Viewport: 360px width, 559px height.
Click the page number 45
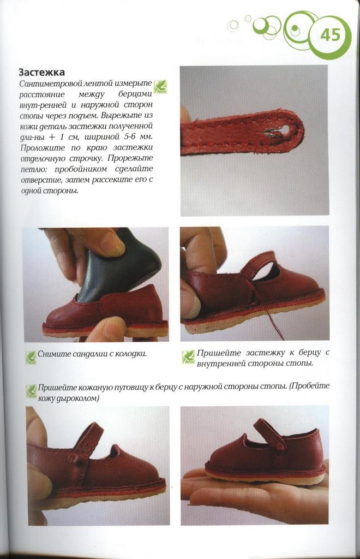330,35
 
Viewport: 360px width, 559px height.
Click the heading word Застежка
41,73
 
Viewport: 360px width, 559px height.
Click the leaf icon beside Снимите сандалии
31,356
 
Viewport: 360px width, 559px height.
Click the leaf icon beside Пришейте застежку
188,357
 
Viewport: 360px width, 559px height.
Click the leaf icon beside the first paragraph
160,86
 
